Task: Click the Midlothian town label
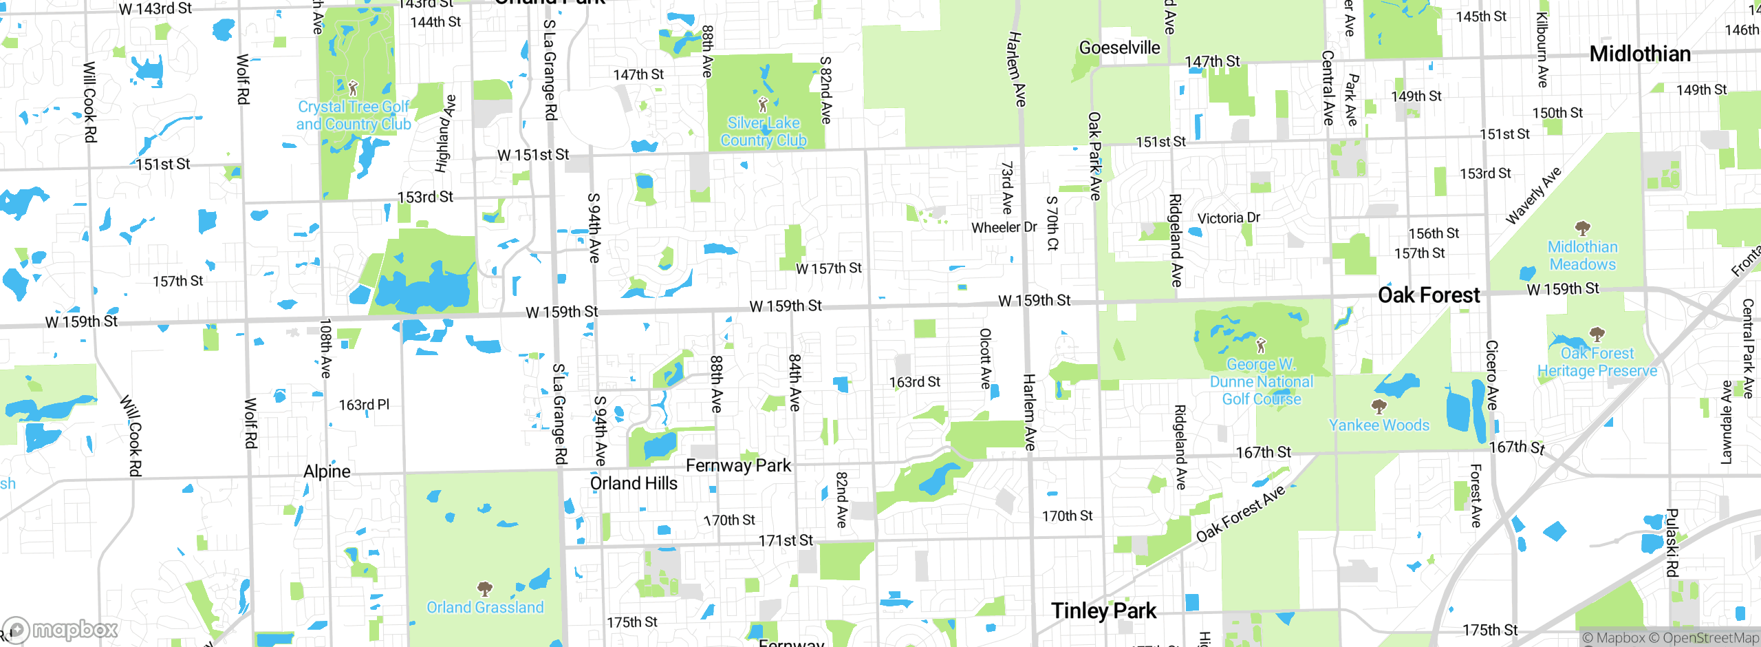(x=1640, y=54)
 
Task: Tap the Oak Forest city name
(x=1429, y=295)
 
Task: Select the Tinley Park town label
(x=1103, y=611)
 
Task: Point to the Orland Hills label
(x=634, y=484)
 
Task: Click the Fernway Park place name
(x=738, y=466)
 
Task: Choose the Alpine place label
(x=327, y=471)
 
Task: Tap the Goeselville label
(x=1119, y=47)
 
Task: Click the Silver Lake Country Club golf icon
(x=762, y=105)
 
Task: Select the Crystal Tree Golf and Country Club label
(x=354, y=116)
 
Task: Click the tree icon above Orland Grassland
(x=485, y=589)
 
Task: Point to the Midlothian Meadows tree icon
(x=1582, y=229)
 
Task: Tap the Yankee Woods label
(x=1379, y=425)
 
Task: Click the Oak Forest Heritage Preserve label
(x=1597, y=362)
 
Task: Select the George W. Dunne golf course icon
(x=1260, y=345)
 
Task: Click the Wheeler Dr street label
(x=1004, y=227)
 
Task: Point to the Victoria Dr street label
(x=1229, y=218)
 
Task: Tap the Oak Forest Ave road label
(x=1240, y=513)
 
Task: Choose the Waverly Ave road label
(x=1533, y=196)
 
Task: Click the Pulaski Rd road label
(x=1672, y=542)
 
